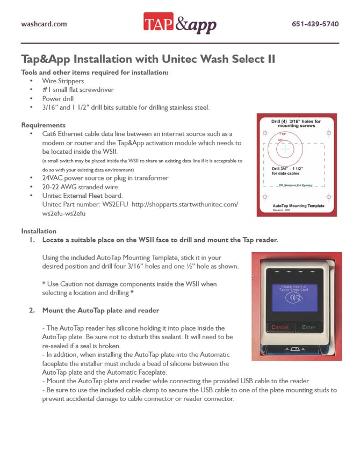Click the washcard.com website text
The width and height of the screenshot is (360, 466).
pos(44,24)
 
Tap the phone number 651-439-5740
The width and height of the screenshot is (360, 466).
pos(315,24)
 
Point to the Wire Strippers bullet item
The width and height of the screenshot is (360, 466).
pos(63,81)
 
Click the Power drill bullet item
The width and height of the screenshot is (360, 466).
pos(58,98)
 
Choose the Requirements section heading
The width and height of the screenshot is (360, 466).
pos(44,125)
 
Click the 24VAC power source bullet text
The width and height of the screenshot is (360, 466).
pos(105,178)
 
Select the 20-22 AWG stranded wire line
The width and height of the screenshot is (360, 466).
pos(81,187)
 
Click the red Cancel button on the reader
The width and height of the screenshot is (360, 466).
pos(280,327)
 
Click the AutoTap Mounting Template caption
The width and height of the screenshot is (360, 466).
pos(298,206)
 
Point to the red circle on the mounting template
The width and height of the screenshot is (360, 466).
pos(285,148)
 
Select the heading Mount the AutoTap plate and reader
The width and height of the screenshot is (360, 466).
pos(100,310)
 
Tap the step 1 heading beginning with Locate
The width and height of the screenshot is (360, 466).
pos(160,240)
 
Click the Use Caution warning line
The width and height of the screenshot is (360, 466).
pos(129,283)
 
